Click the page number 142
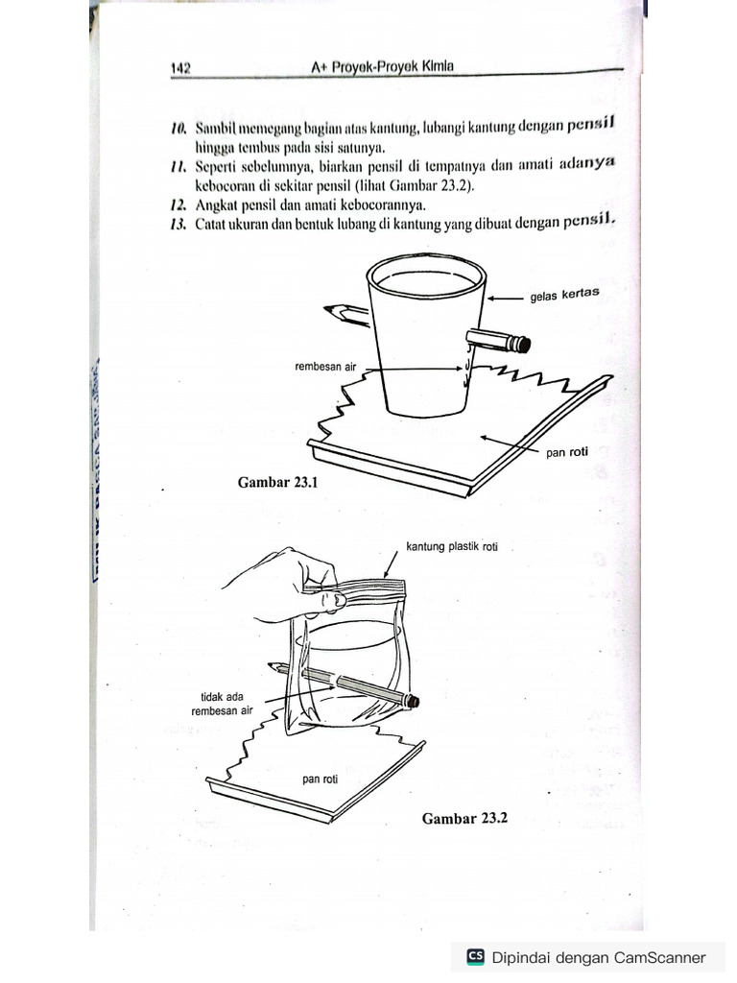(x=180, y=68)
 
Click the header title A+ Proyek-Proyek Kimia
(x=382, y=67)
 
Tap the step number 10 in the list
(x=179, y=129)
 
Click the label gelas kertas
(x=565, y=295)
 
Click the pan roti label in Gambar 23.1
(x=567, y=453)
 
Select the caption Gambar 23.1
(x=276, y=483)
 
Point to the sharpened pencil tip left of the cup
(x=330, y=309)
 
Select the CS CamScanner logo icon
(x=475, y=956)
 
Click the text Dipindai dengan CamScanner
(x=598, y=957)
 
